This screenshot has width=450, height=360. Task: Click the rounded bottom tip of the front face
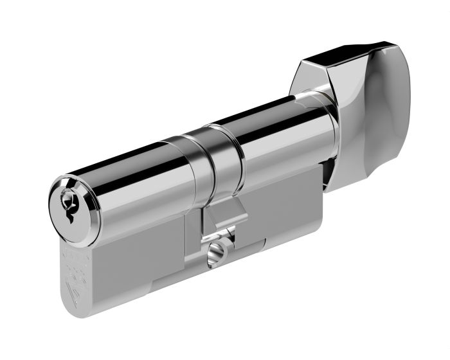click(74, 309)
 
